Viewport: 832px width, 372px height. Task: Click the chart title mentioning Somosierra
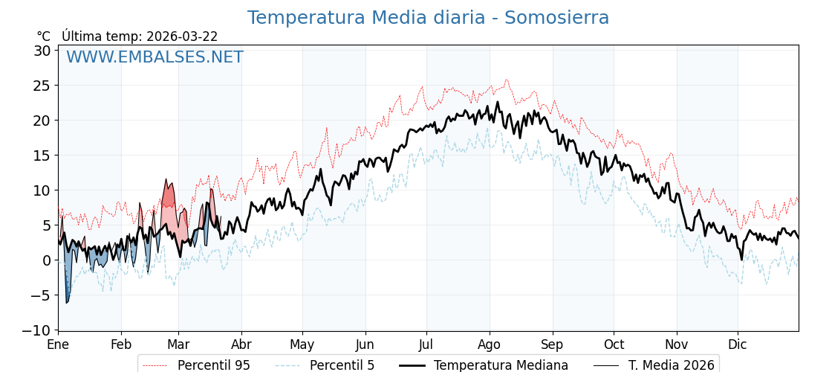point(428,18)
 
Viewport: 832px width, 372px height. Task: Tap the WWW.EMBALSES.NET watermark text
point(155,57)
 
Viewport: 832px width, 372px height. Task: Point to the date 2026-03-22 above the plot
point(182,36)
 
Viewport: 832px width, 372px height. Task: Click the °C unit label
point(44,36)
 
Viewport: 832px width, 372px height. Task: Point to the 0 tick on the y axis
point(46,260)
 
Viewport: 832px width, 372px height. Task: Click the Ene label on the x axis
point(58,344)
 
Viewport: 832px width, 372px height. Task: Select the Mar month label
point(178,344)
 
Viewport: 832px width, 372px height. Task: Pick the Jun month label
point(365,344)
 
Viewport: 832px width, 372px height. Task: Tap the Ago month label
point(489,344)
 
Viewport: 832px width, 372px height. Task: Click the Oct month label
point(614,344)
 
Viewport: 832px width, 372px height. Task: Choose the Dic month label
point(738,344)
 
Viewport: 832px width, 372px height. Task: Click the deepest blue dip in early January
point(67,301)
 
